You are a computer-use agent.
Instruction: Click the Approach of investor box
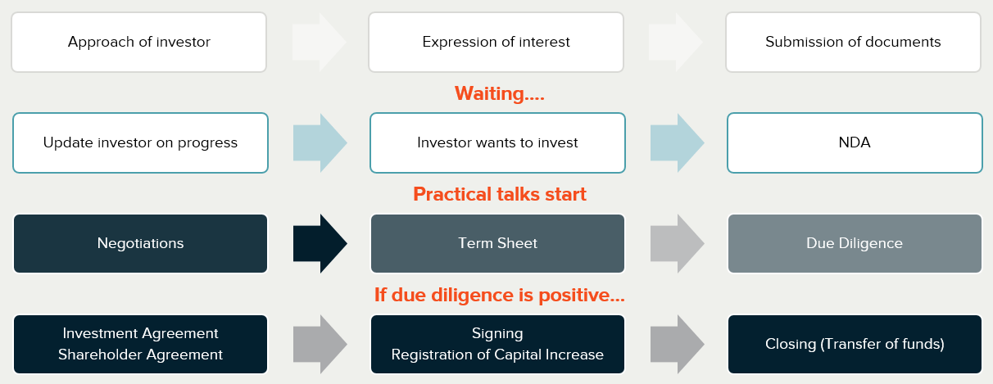pos(138,42)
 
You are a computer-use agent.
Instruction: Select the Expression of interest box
pos(496,42)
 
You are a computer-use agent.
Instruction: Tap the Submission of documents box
pos(854,42)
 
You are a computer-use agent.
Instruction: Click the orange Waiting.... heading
pos(500,93)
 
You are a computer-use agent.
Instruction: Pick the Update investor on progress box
pos(141,142)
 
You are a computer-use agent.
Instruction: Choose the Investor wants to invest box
pos(498,142)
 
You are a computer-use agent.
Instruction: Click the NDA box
pos(855,142)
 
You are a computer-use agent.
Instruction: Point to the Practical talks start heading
pos(500,194)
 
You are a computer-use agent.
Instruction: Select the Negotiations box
pos(141,244)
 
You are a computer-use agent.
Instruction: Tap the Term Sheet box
pos(498,244)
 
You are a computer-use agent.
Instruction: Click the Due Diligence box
pos(855,244)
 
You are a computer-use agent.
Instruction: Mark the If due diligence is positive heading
pos(500,295)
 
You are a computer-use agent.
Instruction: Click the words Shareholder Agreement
pos(141,355)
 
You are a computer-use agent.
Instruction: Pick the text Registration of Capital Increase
pos(497,355)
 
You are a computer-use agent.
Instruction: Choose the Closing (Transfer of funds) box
pos(855,344)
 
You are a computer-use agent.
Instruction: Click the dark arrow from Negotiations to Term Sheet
pos(320,244)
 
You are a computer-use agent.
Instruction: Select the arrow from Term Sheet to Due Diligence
pos(678,244)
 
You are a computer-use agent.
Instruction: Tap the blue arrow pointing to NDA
pos(678,142)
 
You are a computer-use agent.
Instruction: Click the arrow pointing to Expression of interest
pos(320,42)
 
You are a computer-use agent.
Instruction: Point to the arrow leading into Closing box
pos(678,344)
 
